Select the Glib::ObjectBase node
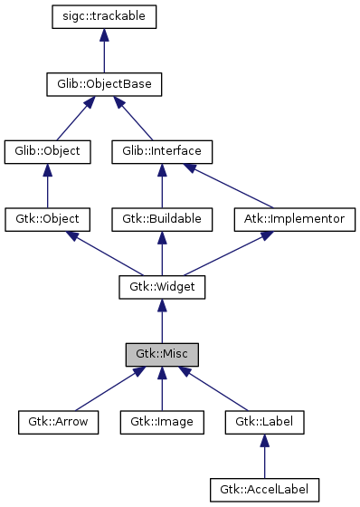point(105,85)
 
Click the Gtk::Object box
point(48,219)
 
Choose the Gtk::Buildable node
point(161,219)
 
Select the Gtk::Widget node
point(161,287)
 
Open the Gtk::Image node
point(161,421)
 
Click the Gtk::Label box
point(264,421)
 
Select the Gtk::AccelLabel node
point(264,489)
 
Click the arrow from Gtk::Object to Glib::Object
point(48,187)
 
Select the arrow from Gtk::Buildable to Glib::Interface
point(161,187)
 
